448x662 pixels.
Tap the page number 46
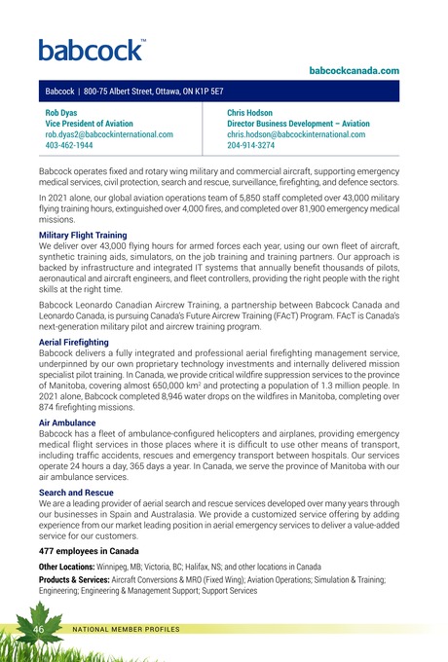coord(44,632)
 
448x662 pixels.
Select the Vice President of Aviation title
coord(95,124)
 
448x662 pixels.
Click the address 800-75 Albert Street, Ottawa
coord(157,91)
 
